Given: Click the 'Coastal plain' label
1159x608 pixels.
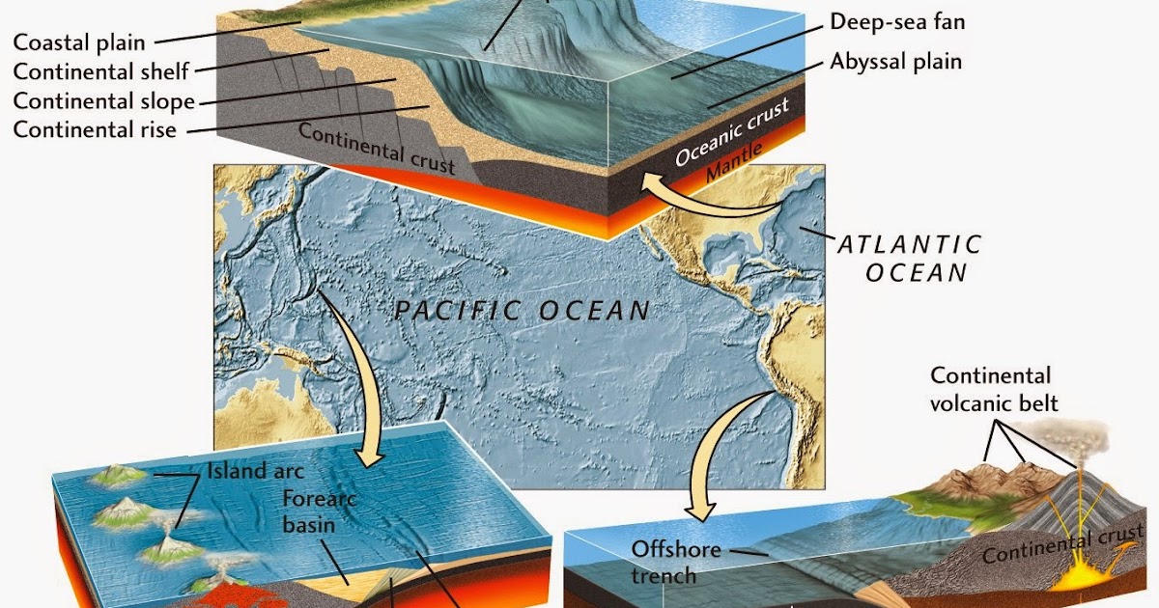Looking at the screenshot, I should coord(79,42).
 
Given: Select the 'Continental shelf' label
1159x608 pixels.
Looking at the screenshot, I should coord(101,71).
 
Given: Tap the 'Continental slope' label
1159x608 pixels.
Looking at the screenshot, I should coord(104,100).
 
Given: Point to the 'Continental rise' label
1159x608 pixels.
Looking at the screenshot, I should coord(96,128).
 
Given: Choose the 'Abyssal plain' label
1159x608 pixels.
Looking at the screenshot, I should coord(896,62).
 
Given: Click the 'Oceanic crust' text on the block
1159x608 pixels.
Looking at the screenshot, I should coord(732,131).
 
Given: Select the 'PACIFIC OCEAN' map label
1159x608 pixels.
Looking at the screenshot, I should coord(523,311).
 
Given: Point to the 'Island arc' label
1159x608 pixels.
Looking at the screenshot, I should coord(255,472).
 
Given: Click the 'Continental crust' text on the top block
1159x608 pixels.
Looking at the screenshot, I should coord(377,148).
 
